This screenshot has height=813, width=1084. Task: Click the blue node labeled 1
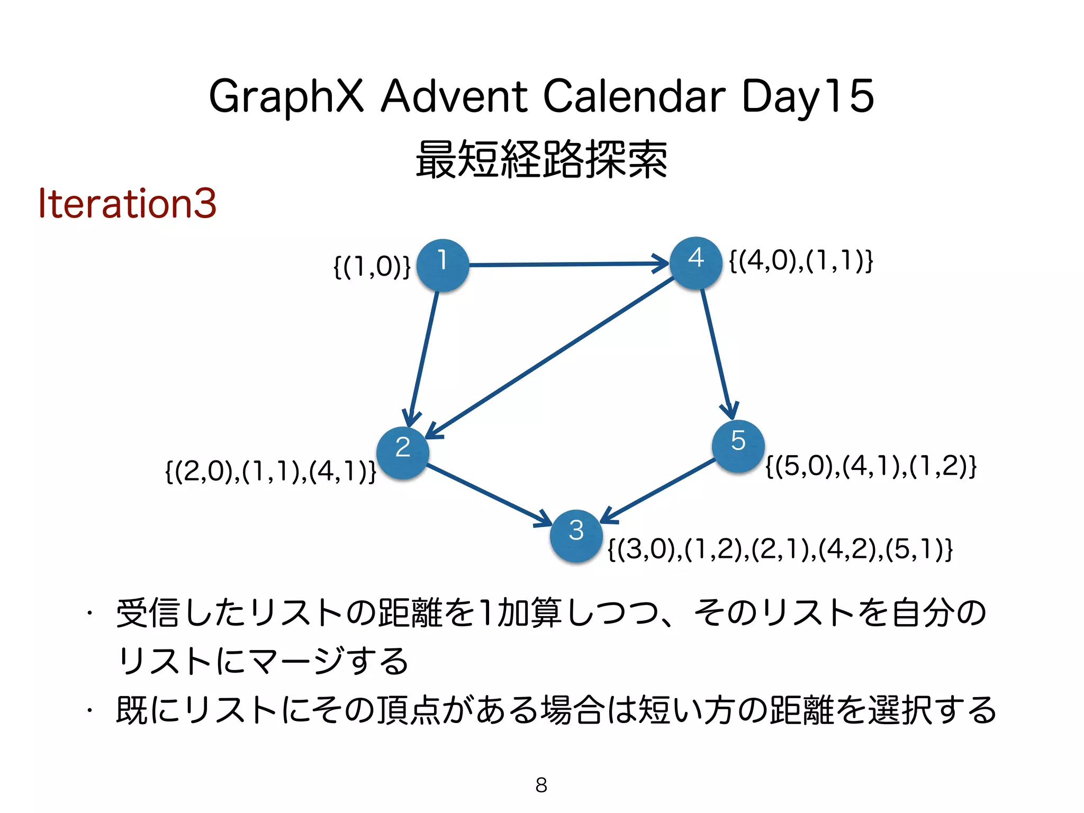pos(442,265)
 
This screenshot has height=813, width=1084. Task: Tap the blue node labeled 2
pos(403,453)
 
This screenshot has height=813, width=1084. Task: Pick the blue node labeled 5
pos(738,446)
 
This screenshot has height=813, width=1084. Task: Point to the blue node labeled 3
pos(576,536)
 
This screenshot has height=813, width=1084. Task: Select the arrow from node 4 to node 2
pos(550,358)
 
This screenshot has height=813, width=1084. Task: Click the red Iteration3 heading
pos(127,203)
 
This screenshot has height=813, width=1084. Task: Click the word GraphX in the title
pos(286,96)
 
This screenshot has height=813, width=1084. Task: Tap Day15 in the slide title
pos(807,96)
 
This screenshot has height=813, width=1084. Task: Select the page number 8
pos(541,785)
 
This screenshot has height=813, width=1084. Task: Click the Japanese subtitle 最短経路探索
pos(541,159)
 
